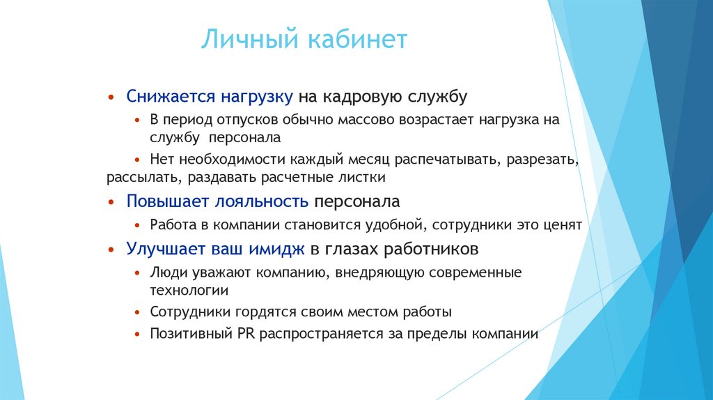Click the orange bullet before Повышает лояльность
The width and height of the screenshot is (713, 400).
111,202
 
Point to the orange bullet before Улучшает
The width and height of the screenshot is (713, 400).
111,248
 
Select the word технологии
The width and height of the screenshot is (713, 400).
189,289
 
